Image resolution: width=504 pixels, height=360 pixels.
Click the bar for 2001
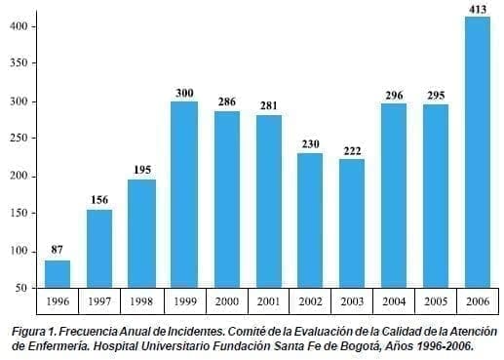[x=268, y=201]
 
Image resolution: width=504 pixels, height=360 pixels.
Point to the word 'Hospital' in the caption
[x=111, y=345]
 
